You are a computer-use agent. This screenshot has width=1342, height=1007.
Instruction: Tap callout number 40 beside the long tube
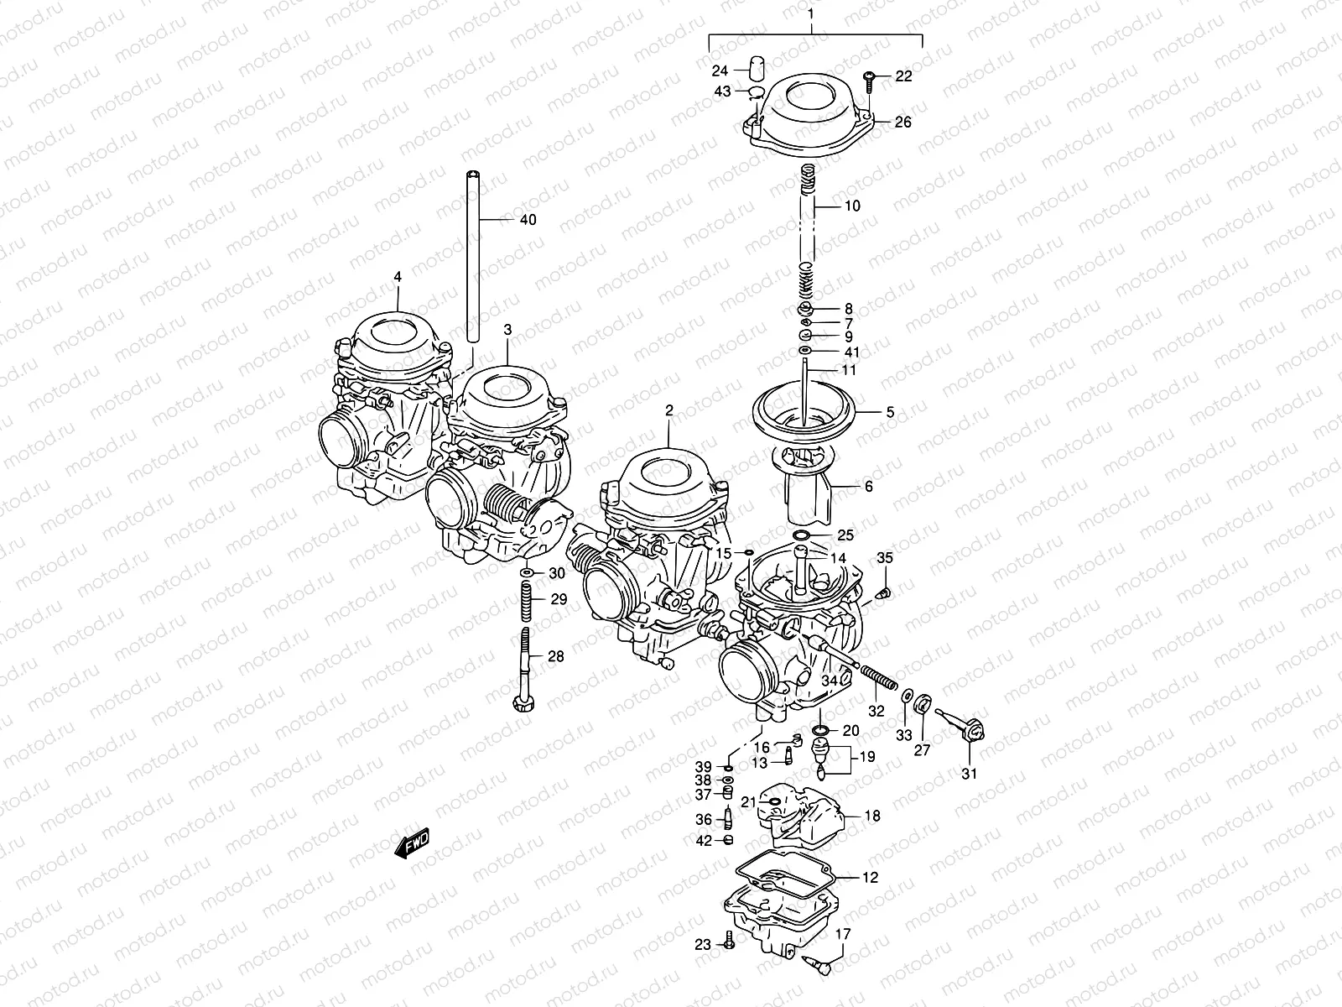[x=528, y=220]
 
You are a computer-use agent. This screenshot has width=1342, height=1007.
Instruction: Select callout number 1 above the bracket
[x=811, y=14]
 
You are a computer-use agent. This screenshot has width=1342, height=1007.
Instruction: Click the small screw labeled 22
[x=869, y=80]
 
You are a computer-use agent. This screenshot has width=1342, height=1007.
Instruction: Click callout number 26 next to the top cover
[x=902, y=123]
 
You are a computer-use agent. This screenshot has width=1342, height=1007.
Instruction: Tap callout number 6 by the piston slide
[x=868, y=486]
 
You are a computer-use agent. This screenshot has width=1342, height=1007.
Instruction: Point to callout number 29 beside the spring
[x=559, y=599]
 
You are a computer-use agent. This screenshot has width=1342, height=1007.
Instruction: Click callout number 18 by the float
[x=872, y=816]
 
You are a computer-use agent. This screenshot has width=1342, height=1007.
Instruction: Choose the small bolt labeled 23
[x=728, y=945]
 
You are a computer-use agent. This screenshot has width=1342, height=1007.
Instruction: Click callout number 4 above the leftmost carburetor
[x=398, y=276]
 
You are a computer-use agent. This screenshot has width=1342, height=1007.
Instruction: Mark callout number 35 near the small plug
[x=885, y=558]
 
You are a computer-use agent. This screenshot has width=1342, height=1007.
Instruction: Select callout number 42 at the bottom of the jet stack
[x=703, y=840]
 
